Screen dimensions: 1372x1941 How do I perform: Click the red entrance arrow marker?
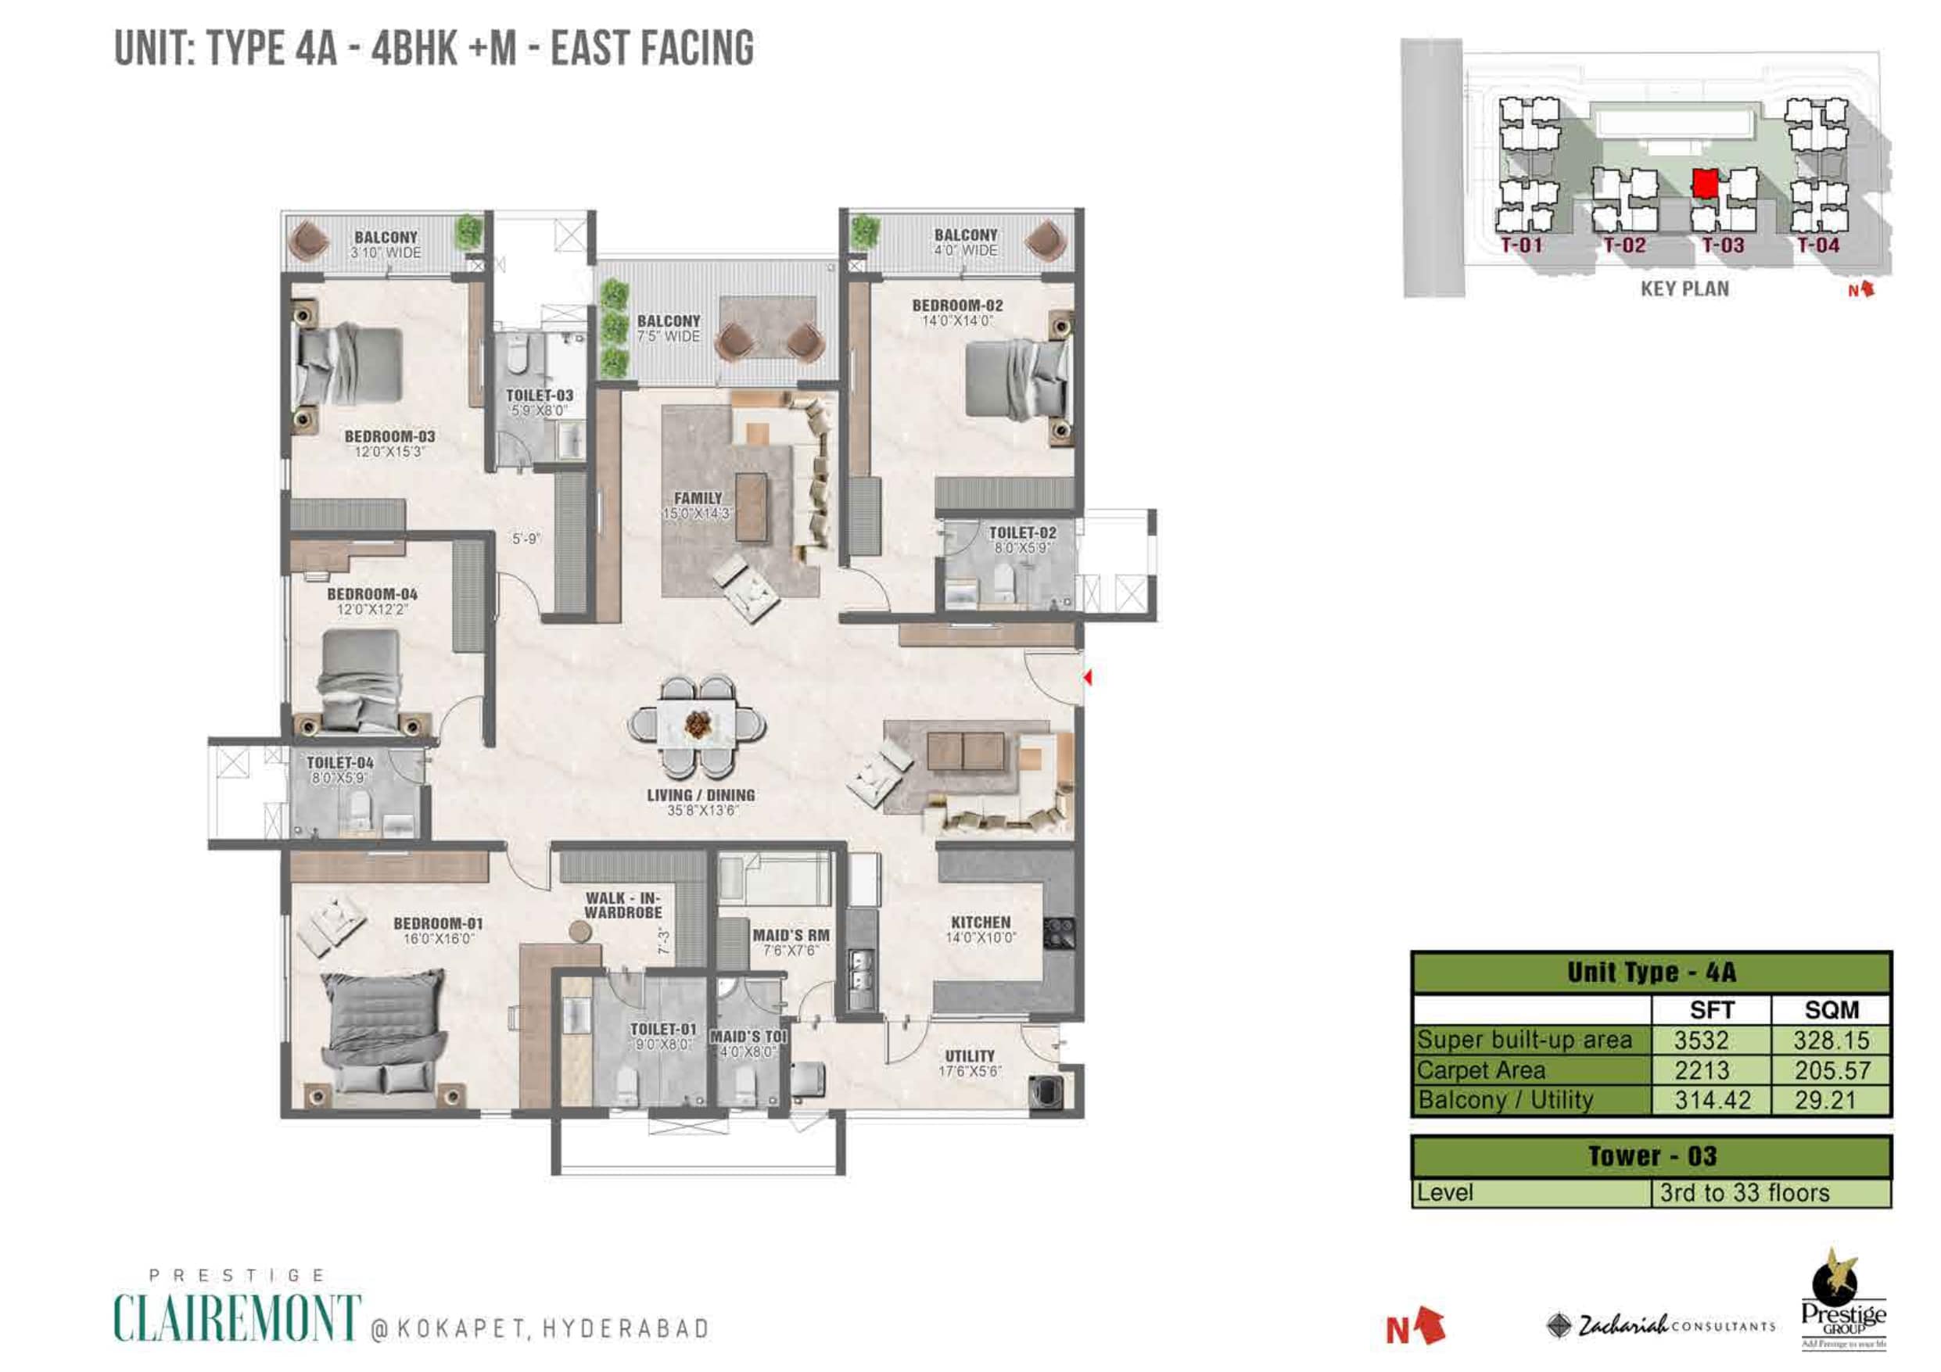click(x=1087, y=677)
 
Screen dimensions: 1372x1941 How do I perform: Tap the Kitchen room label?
click(x=981, y=929)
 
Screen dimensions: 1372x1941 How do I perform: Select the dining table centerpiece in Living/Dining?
click(x=698, y=725)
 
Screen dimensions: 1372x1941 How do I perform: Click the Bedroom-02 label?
click(x=957, y=312)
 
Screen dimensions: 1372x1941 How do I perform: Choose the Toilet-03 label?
click(x=540, y=403)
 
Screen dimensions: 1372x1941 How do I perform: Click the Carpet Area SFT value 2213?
click(x=1702, y=1070)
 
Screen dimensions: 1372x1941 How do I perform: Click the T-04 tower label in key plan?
click(x=1817, y=246)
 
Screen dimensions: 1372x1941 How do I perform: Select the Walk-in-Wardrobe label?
click(x=623, y=905)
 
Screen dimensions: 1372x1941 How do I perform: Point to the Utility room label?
click(x=970, y=1062)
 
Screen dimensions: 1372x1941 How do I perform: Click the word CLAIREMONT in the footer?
click(x=238, y=1317)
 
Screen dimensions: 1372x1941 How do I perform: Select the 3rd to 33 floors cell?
click(x=1771, y=1193)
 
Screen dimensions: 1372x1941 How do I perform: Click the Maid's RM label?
click(x=791, y=942)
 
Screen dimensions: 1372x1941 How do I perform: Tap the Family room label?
click(x=698, y=506)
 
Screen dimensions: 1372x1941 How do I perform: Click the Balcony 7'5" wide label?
click(x=669, y=328)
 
